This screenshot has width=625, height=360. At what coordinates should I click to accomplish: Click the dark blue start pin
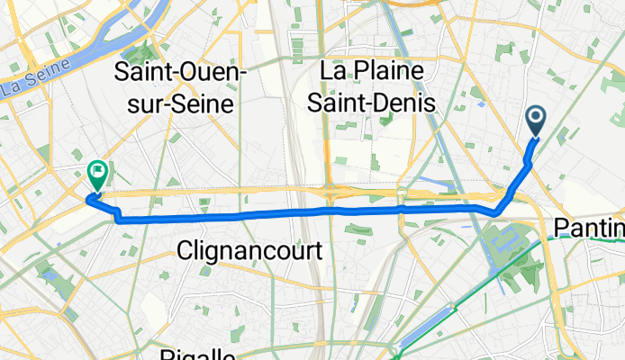coord(535,121)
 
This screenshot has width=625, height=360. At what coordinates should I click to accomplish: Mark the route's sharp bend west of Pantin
coord(494,212)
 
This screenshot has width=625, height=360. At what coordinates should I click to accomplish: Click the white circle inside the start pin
coord(535,116)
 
